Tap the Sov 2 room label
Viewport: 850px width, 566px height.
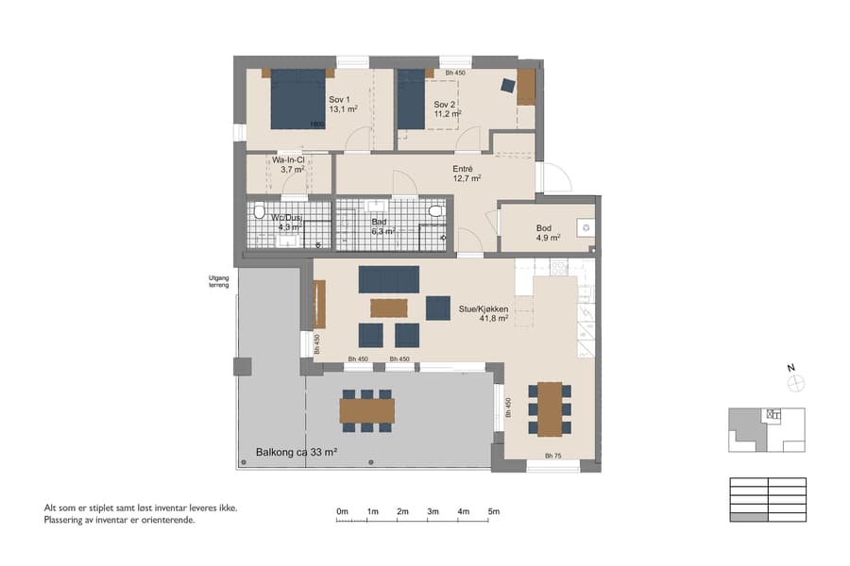447,108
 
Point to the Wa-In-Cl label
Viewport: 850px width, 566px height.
288,165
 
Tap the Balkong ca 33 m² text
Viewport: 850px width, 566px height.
297,453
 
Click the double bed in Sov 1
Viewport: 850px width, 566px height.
298,99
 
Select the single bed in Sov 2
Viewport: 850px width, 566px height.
411,99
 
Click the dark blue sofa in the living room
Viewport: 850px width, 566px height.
388,279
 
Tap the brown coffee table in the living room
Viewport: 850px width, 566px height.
388,308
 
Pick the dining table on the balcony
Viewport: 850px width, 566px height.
366,410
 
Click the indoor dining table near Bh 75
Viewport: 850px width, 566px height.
550,408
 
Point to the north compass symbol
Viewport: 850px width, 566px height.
796,382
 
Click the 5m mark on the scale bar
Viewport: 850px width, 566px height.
494,511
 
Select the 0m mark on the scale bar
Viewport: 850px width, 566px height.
342,511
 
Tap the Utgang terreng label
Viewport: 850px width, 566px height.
220,280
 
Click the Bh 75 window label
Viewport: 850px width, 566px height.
552,457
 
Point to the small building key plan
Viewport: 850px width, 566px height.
766,429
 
